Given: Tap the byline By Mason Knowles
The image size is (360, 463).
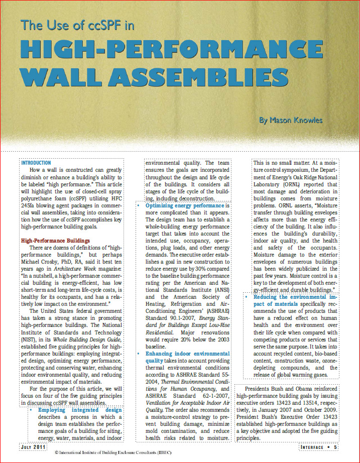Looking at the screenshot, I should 291,121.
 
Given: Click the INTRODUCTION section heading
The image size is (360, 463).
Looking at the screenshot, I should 36,163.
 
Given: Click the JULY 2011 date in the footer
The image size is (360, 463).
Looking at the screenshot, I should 34,447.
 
